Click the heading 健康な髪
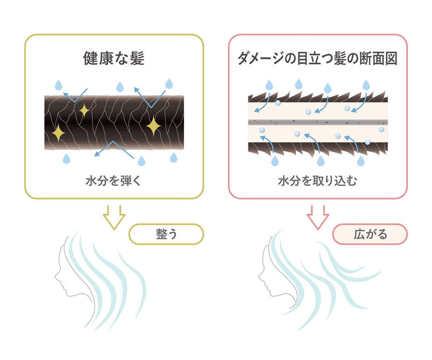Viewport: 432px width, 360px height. pyautogui.click(x=114, y=58)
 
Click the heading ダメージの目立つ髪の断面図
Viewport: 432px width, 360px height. pyautogui.click(x=318, y=58)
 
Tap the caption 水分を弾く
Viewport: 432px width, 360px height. pyautogui.click(x=113, y=181)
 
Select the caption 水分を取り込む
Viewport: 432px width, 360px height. pyautogui.click(x=318, y=181)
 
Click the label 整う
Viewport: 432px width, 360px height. pyautogui.click(x=166, y=234)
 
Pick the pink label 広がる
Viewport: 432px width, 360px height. pyautogui.click(x=370, y=234)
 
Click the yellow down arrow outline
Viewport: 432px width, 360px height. pyautogui.click(x=114, y=218)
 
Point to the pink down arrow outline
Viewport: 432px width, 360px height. pyautogui.click(x=318, y=218)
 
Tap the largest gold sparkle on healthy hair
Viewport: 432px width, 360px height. pyautogui.click(x=154, y=127)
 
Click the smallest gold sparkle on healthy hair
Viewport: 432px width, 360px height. pyautogui.click(x=84, y=111)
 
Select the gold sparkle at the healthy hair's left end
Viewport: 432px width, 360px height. pyautogui.click(x=58, y=133)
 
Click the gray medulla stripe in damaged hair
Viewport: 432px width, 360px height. pyautogui.click(x=318, y=122)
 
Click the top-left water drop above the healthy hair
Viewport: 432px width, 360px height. pyautogui.click(x=58, y=85)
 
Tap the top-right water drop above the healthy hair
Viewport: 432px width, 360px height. pyautogui.click(x=169, y=84)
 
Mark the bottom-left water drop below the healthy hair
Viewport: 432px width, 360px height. pyautogui.click(x=66, y=159)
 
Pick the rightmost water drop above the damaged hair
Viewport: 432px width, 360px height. pyautogui.click(x=366, y=85)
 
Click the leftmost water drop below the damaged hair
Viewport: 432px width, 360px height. pyautogui.click(x=275, y=161)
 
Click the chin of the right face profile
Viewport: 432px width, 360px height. pyautogui.click(x=272, y=295)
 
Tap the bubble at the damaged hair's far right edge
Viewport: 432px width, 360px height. pyautogui.click(x=381, y=129)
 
